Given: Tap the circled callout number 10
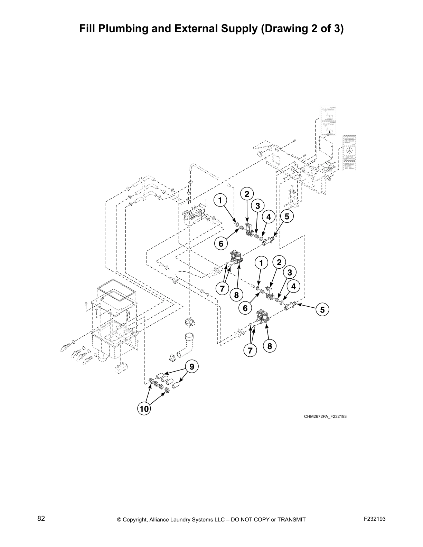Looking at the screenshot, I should pos(144,409).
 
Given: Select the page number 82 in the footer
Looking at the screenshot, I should pos(41,518).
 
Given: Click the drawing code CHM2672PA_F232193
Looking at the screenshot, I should pos(325,416).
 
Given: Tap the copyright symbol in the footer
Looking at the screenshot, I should pos(120,519).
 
